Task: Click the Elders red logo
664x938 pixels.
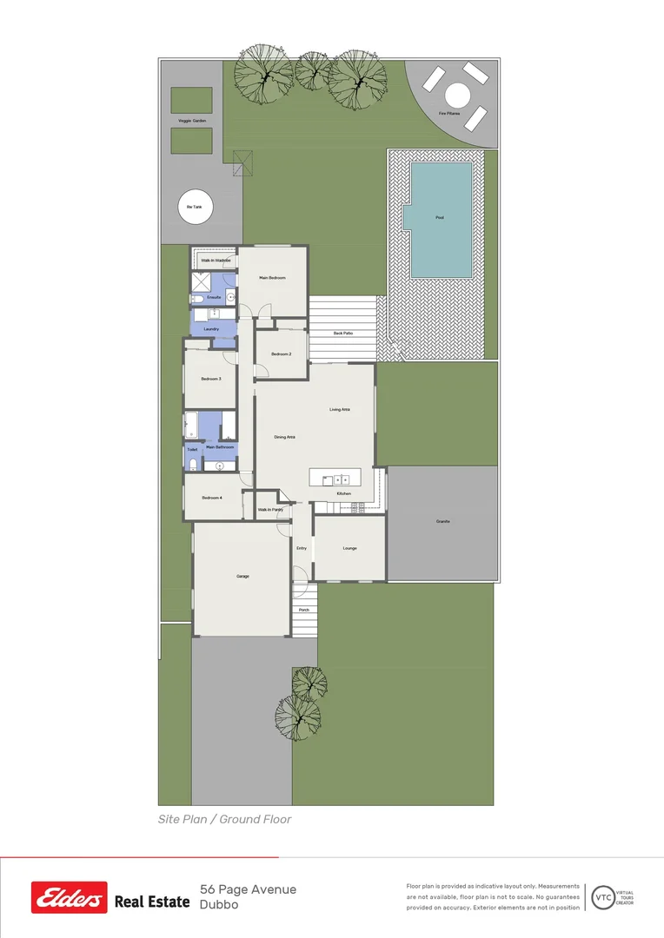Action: (x=70, y=897)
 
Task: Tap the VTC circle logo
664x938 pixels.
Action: (x=602, y=897)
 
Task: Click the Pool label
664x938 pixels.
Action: (x=440, y=217)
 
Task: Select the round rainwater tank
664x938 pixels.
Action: (x=195, y=207)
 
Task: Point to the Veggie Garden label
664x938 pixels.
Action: (x=192, y=121)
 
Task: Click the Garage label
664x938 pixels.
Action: (x=242, y=576)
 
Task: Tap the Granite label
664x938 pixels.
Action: (x=443, y=521)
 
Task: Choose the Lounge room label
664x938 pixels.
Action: (x=349, y=548)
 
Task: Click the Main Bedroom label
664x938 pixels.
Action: (x=272, y=278)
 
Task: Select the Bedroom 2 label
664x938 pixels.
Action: (x=281, y=354)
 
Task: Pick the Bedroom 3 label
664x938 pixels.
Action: (x=211, y=379)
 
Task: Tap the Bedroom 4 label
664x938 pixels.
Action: (x=212, y=498)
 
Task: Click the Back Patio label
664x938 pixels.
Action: (x=343, y=333)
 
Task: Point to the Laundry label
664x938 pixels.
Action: (x=211, y=329)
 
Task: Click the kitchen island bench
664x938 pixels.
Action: (x=335, y=478)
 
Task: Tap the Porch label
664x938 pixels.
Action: (x=304, y=610)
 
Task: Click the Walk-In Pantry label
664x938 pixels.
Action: (x=270, y=510)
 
